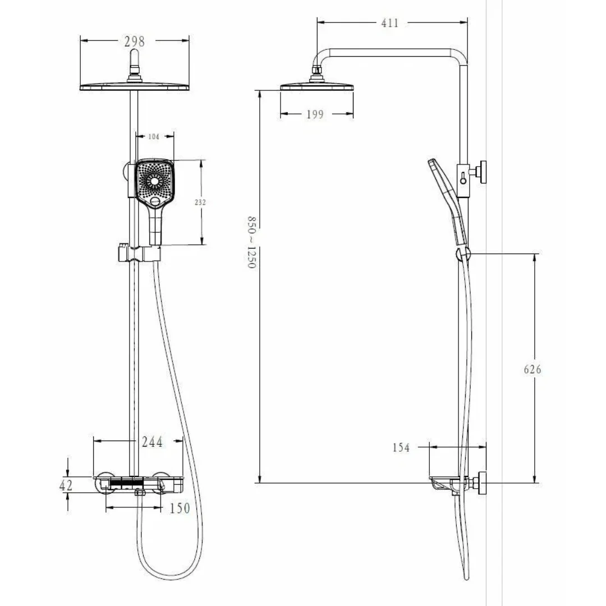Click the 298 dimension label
click(x=135, y=41)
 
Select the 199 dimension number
click(x=315, y=114)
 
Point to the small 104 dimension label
click(x=153, y=136)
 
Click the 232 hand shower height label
click(x=200, y=202)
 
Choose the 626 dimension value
click(x=532, y=369)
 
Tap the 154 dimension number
click(x=401, y=448)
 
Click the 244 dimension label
click(x=152, y=442)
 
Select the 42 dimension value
click(x=66, y=485)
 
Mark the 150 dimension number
click(x=180, y=508)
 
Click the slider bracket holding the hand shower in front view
click(x=139, y=253)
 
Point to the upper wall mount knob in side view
click(x=479, y=172)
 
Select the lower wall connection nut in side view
click(x=480, y=483)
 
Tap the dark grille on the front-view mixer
click(x=127, y=483)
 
